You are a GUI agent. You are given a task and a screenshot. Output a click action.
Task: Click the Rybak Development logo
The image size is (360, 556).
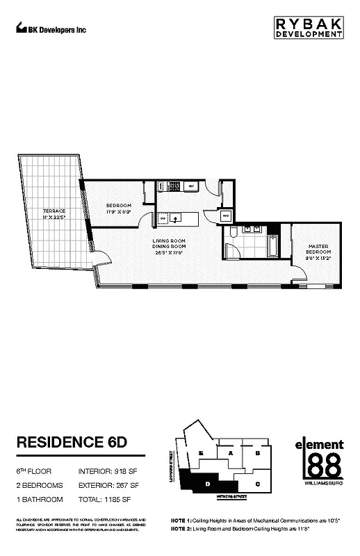pyautogui.click(x=306, y=28)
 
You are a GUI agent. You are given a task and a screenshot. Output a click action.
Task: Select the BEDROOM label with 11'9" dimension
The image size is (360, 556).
pyautogui.click(x=119, y=209)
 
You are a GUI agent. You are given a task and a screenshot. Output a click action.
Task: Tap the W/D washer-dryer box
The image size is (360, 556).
pyautogui.click(x=226, y=217)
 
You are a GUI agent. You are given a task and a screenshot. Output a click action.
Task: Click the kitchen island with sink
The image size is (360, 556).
pyautogui.click(x=178, y=218)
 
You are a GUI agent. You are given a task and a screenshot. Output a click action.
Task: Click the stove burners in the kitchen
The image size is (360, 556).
pyautogui.click(x=172, y=186)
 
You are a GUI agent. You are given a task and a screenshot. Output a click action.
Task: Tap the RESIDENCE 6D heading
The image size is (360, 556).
pyautogui.click(x=71, y=443)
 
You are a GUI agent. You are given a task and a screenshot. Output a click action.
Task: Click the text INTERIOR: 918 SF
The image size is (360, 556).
pyautogui.click(x=108, y=471)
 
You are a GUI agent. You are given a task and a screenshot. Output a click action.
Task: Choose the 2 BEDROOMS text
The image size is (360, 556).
pyautogui.click(x=39, y=485)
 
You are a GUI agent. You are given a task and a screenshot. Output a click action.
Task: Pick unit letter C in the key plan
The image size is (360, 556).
pyautogui.click(x=257, y=483)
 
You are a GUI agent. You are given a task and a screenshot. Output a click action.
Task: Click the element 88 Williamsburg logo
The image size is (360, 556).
pyautogui.click(x=319, y=459)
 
